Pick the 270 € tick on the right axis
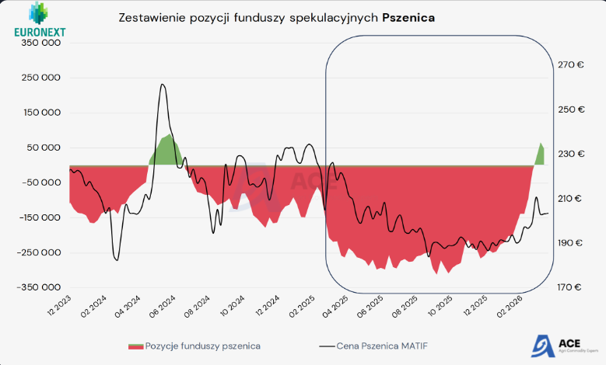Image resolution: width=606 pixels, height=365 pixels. pyautogui.click(x=571, y=65)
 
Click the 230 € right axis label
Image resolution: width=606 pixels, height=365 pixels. pyautogui.click(x=571, y=154)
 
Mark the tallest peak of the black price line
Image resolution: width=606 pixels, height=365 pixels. pyautogui.click(x=163, y=85)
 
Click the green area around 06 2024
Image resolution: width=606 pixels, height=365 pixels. pyautogui.click(x=165, y=151)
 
